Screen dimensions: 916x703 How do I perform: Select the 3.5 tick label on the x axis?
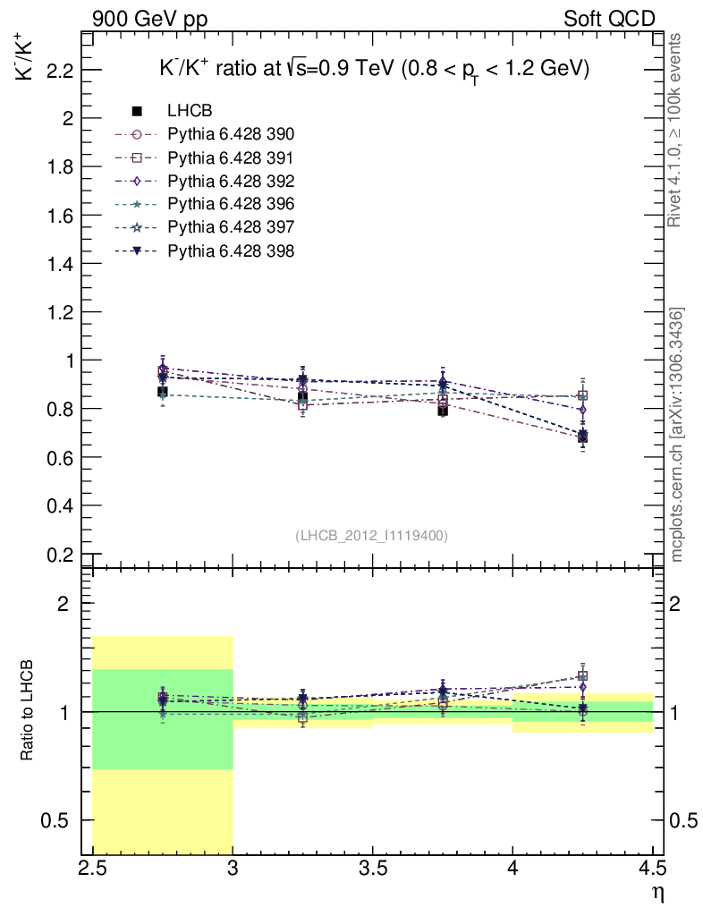tap(372, 869)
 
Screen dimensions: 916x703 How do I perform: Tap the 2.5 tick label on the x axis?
tap(93, 869)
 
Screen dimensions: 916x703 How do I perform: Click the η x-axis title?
tap(657, 892)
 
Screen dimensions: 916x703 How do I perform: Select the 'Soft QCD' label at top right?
tap(609, 19)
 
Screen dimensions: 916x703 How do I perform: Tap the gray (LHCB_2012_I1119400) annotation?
tap(371, 535)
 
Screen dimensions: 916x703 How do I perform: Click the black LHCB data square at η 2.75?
tap(163, 392)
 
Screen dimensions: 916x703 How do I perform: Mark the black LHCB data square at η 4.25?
tap(582, 437)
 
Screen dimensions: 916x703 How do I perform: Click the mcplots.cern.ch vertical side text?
tap(678, 434)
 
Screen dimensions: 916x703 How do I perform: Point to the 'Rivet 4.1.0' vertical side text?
tap(678, 130)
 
